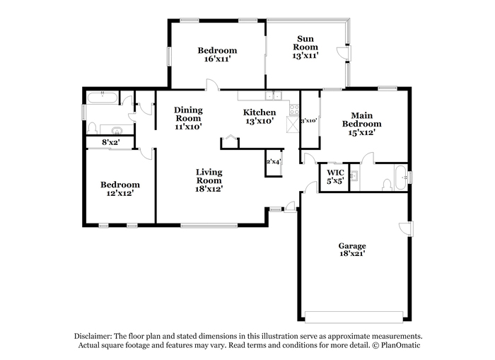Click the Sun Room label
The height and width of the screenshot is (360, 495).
(x=305, y=43)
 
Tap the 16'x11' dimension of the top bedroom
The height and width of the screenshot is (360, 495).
(x=217, y=59)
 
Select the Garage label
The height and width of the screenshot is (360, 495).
(x=352, y=245)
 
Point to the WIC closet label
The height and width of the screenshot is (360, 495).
(x=335, y=173)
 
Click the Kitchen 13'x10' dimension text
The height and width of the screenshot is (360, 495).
(x=260, y=121)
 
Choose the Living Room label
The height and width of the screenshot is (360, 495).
(x=209, y=176)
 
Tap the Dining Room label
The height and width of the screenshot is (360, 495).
(x=188, y=114)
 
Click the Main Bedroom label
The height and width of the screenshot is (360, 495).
(x=362, y=120)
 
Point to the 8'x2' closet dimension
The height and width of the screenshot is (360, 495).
(x=110, y=142)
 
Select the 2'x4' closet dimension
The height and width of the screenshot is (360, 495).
(x=274, y=162)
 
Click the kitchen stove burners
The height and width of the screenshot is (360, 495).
(x=294, y=110)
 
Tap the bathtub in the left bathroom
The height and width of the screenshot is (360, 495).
(x=103, y=98)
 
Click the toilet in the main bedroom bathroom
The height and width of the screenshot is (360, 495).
(x=387, y=185)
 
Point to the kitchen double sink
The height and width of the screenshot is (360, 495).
(x=274, y=95)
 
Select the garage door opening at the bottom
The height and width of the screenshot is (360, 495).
(x=354, y=317)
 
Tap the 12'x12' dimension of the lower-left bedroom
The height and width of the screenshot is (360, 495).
(x=120, y=193)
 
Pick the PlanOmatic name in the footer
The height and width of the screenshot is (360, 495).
(x=401, y=345)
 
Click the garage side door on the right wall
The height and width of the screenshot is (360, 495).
(x=406, y=228)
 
